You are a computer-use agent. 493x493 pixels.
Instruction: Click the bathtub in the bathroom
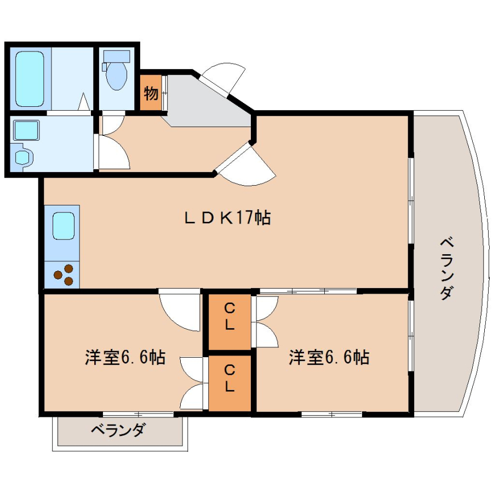click(x=29, y=78)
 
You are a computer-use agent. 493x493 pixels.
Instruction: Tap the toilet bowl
click(x=117, y=75)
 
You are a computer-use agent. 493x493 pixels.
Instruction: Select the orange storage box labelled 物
click(x=151, y=93)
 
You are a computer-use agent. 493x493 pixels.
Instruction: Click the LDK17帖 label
click(x=227, y=217)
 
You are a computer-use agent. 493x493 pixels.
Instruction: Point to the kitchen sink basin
click(x=64, y=226)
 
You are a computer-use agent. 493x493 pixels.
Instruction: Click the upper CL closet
click(x=230, y=322)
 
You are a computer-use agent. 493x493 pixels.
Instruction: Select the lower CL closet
click(x=230, y=383)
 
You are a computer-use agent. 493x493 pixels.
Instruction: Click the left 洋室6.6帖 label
click(x=125, y=357)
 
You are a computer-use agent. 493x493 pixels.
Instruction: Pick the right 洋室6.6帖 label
click(x=329, y=357)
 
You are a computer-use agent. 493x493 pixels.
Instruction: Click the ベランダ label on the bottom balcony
click(x=118, y=429)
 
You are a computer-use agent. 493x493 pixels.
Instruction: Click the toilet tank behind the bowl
click(x=117, y=56)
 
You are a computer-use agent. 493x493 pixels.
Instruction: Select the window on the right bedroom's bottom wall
click(x=332, y=414)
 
